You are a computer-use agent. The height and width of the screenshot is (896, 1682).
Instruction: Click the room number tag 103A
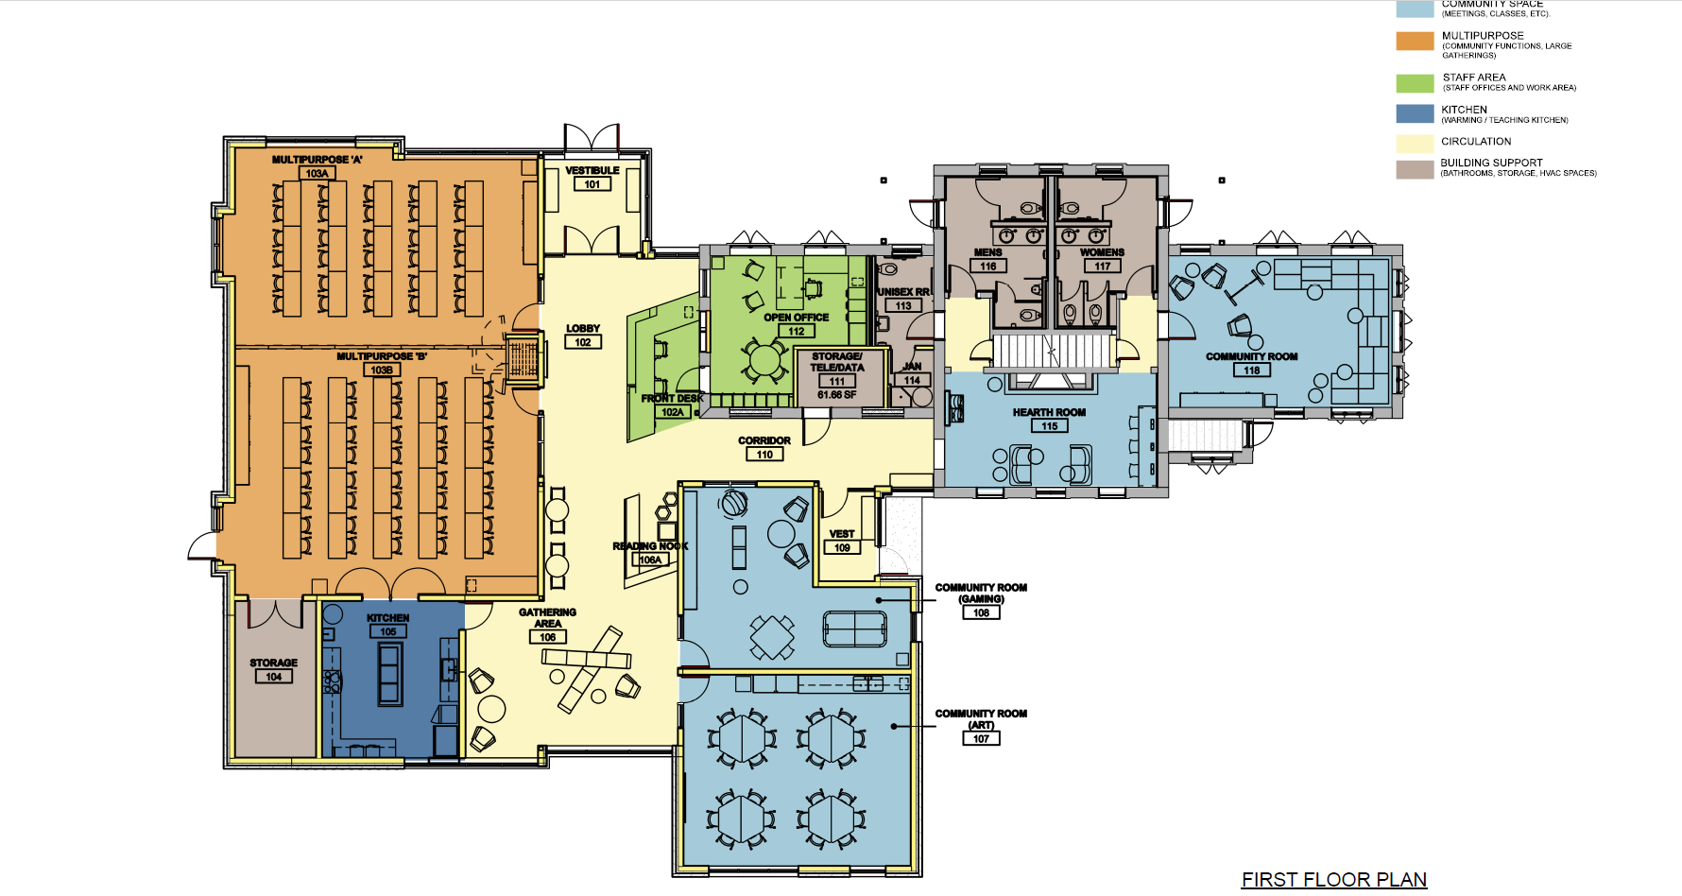pyautogui.click(x=317, y=174)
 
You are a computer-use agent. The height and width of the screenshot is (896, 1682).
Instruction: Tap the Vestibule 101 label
pyautogui.click(x=592, y=171)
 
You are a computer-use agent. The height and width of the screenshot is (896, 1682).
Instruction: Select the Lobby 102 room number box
pyautogui.click(x=583, y=342)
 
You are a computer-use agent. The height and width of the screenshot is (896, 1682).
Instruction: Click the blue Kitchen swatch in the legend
pyautogui.click(x=1415, y=113)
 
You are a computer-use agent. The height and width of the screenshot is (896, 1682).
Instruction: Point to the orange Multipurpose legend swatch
pyautogui.click(x=1415, y=41)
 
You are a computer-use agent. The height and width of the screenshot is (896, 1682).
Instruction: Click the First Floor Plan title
pyautogui.click(x=1333, y=880)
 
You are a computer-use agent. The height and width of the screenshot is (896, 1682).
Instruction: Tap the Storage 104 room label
pyautogui.click(x=273, y=663)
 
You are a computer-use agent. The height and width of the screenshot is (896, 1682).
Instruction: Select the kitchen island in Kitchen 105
pyautogui.click(x=389, y=673)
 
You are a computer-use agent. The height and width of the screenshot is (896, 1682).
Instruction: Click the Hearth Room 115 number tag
pyautogui.click(x=1049, y=426)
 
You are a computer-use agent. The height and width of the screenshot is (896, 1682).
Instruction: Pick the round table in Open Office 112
pyautogui.click(x=764, y=359)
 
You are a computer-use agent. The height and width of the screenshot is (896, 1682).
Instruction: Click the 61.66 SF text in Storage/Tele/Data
pyautogui.click(x=837, y=395)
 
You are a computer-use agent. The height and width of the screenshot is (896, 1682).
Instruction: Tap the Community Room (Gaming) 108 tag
pyautogui.click(x=981, y=613)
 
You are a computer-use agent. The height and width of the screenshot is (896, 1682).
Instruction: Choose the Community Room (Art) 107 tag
pyautogui.click(x=981, y=739)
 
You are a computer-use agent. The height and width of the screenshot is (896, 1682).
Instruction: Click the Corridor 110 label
pyautogui.click(x=764, y=441)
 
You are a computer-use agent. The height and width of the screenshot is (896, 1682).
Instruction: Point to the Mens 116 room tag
pyautogui.click(x=987, y=267)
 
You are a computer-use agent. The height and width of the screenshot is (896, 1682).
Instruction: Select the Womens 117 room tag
pyautogui.click(x=1102, y=267)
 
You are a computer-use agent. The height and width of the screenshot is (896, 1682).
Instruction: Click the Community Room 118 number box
pyautogui.click(x=1251, y=370)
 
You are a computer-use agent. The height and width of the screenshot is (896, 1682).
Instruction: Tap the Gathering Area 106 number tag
pyautogui.click(x=547, y=638)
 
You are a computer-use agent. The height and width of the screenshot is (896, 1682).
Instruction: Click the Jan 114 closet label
pyautogui.click(x=912, y=367)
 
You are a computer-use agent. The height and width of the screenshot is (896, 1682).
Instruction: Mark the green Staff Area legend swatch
pyautogui.click(x=1415, y=83)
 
